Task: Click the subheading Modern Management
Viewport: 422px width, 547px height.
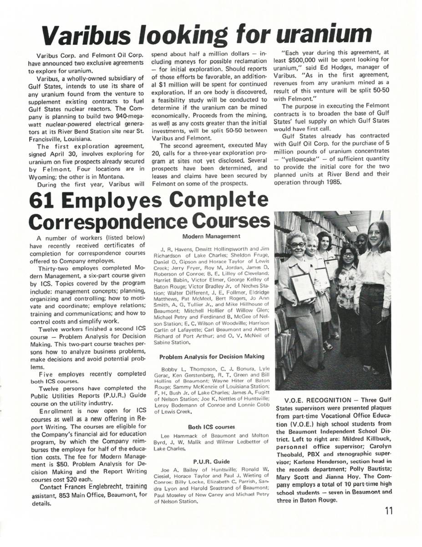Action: coord(211,236)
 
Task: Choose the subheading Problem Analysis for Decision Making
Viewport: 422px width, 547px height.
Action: coord(211,356)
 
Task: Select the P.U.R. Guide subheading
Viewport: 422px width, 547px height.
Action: coord(211,461)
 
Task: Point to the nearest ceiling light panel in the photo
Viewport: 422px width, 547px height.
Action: coord(353,228)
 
